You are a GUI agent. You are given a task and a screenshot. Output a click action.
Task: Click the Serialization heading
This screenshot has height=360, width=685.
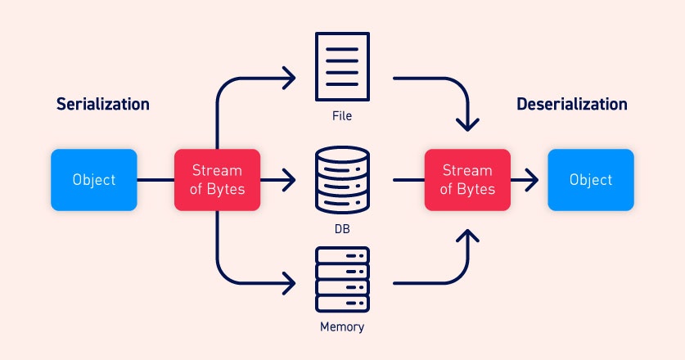click(x=102, y=105)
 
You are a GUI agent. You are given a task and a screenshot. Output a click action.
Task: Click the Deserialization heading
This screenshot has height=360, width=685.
click(x=572, y=105)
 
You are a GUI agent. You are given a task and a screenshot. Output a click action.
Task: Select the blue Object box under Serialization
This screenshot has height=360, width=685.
click(x=94, y=180)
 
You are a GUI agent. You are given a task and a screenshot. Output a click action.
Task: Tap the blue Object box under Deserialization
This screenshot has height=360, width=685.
click(x=590, y=180)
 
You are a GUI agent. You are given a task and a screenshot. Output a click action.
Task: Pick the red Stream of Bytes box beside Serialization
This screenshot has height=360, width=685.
click(x=217, y=180)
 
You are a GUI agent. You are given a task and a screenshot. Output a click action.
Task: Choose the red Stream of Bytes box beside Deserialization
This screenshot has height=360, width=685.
click(x=467, y=180)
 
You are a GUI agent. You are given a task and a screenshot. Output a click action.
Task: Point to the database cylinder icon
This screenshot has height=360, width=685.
click(x=343, y=180)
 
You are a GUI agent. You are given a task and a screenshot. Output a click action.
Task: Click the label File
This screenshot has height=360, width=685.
click(x=343, y=116)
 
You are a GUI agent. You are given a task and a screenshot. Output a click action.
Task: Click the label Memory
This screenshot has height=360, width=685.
click(x=343, y=328)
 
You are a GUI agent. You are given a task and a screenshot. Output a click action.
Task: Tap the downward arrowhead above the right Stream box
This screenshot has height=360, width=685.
click(x=467, y=125)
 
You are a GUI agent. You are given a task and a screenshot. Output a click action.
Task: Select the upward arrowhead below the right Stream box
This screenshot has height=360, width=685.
click(x=467, y=236)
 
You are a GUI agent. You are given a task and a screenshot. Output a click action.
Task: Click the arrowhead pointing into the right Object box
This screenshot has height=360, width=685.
click(x=533, y=180)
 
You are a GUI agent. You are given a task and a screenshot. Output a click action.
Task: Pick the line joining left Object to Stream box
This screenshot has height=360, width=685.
click(x=155, y=180)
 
